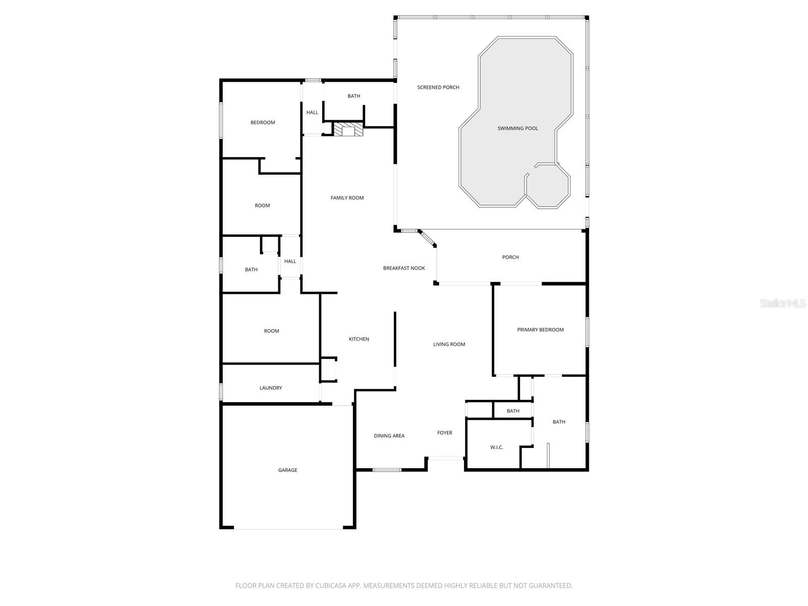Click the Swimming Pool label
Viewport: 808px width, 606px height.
pyautogui.click(x=518, y=128)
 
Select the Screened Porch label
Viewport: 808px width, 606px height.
pyautogui.click(x=438, y=87)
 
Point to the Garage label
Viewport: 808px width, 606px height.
pyautogui.click(x=287, y=470)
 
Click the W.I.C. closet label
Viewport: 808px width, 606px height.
pyautogui.click(x=496, y=447)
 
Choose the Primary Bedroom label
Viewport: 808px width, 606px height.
pyautogui.click(x=540, y=330)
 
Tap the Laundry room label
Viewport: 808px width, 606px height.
pyautogui.click(x=271, y=388)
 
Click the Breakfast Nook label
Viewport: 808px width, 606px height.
pyautogui.click(x=404, y=268)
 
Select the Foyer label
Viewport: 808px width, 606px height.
pyautogui.click(x=444, y=433)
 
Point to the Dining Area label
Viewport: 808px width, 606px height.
pyautogui.click(x=389, y=436)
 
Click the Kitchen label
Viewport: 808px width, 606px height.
pyautogui.click(x=359, y=339)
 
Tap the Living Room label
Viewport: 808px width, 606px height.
pyautogui.click(x=449, y=344)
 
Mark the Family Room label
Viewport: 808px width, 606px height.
pyautogui.click(x=347, y=198)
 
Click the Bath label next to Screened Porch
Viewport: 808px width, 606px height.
pyautogui.click(x=353, y=96)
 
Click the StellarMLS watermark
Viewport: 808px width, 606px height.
pyautogui.click(x=783, y=303)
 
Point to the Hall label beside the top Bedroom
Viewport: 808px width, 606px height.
pyautogui.click(x=312, y=112)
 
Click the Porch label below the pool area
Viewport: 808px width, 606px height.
pyautogui.click(x=510, y=257)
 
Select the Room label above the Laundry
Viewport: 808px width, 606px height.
pyautogui.click(x=271, y=331)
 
